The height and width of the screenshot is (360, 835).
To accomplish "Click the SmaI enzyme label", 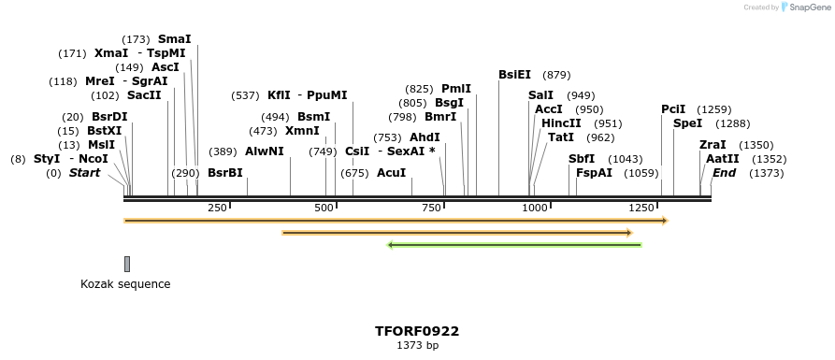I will pos(175,39).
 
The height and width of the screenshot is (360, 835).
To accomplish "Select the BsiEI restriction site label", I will pos(514,75).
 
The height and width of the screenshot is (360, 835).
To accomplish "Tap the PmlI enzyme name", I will pos(456,89).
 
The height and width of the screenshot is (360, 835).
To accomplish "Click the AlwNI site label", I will pos(265,151).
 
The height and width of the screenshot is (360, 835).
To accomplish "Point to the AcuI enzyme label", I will pos(391,173).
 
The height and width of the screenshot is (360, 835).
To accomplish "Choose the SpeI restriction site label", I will pos(687,123).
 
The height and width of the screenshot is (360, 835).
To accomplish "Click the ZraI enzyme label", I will pos(713,145).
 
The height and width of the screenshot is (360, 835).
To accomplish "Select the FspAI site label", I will pos(594,173).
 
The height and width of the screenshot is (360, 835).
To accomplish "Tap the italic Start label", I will pos(84,173).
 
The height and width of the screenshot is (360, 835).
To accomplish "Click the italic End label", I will pos(724,173).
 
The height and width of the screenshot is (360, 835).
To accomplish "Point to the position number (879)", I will pos(556,75).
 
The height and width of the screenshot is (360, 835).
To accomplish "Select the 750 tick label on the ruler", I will pos(432,207).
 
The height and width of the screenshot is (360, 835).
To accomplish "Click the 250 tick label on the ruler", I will pos(217,207).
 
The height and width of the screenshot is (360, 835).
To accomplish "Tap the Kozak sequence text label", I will pos(125,284).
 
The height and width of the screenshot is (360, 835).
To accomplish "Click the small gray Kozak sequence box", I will pos(127,264).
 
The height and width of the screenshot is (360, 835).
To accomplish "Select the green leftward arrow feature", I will pos(514,245).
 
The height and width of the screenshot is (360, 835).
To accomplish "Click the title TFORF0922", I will pos(417,331).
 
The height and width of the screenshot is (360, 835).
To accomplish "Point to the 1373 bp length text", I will pos(417,345).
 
